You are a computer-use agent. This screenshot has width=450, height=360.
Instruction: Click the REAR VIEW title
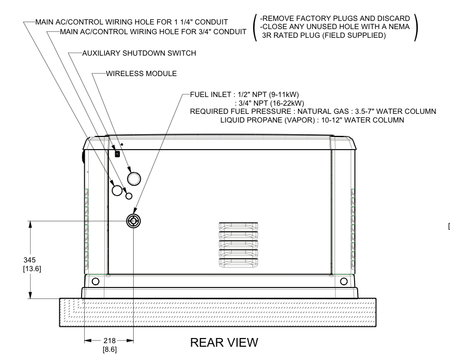[x=224, y=343]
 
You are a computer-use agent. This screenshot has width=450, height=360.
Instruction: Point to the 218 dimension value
[x=108, y=341]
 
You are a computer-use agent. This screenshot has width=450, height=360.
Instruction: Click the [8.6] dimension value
[x=108, y=350]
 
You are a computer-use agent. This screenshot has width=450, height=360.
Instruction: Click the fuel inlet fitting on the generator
[x=133, y=221]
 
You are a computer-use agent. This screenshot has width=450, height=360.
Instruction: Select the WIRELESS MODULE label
[x=141, y=74]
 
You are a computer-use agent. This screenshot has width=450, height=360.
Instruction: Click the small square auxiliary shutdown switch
[x=117, y=154]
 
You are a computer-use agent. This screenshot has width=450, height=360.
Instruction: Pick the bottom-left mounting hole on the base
[x=95, y=281]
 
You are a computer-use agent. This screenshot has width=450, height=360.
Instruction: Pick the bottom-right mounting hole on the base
[x=343, y=281]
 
